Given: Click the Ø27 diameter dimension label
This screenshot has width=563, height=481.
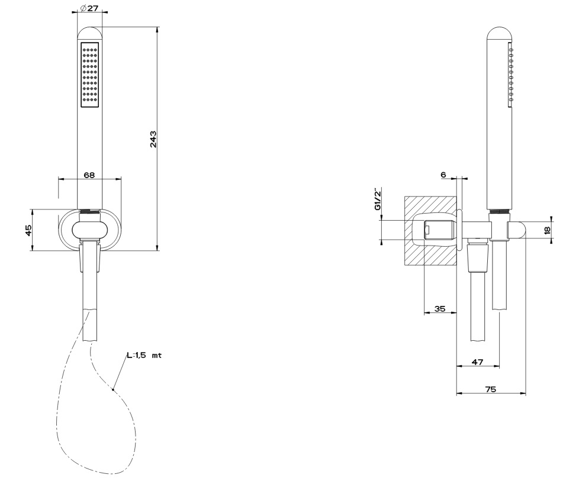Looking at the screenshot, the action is point(89,8).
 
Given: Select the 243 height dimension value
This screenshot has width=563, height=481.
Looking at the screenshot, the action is point(153,139).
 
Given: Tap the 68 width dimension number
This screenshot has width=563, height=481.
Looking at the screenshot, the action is point(89,175).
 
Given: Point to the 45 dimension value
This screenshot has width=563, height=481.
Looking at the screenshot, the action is point(29,230).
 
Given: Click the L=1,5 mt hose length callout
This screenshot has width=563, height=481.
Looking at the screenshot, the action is point(144,356).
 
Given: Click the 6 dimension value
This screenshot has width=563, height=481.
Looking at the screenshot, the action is point(443,175).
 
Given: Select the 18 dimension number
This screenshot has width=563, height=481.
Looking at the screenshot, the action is point(547,230).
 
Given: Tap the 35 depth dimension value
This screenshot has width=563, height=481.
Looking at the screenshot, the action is point(440,308).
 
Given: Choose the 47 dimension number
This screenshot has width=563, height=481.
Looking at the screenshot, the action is point(477,362).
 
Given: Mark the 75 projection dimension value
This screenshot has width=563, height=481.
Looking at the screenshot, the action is point(490,389).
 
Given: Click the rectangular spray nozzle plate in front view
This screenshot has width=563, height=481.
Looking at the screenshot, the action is point(90,75).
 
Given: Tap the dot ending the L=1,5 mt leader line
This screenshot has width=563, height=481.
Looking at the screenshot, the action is point(113,389).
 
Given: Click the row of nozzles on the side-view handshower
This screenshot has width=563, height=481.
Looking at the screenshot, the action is point(511,75).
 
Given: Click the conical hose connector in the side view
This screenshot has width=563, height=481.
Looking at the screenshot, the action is point(478,257).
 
